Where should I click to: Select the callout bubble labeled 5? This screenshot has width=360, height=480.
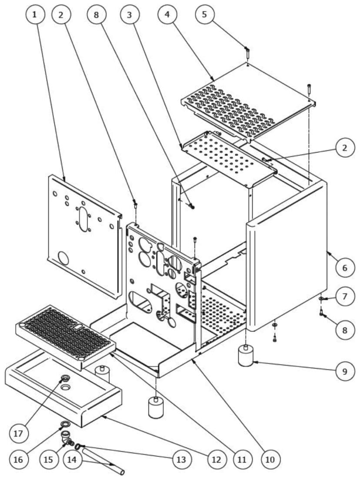click(204, 15)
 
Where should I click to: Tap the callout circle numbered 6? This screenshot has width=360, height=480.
click(344, 267)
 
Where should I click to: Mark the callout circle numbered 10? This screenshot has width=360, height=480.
click(270, 459)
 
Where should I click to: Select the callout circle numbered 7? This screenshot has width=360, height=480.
click(344, 297)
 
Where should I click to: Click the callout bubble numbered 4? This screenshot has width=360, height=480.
click(167, 15)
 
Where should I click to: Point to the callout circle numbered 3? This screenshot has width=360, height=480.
click(129, 15)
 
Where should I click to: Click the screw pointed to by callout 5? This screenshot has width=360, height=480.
click(247, 54)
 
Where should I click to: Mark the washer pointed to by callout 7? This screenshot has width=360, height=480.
click(321, 299)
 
